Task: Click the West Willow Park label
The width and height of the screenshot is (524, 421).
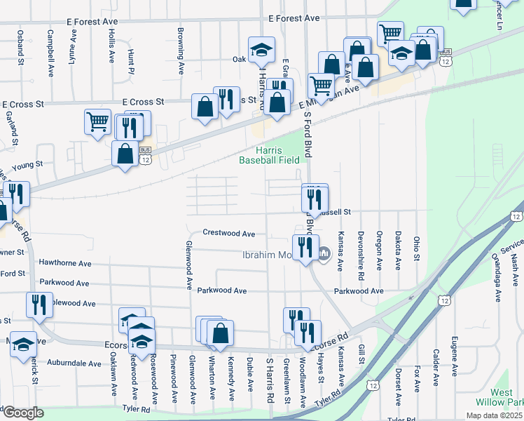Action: tap(506, 398)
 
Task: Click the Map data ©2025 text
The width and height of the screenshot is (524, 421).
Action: tap(493, 415)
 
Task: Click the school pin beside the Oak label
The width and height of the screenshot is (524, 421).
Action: tap(263, 51)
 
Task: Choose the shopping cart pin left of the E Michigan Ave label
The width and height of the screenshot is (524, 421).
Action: tap(321, 86)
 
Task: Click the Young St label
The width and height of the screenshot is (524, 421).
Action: tap(31, 164)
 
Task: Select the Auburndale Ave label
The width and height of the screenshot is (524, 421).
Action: tap(74, 363)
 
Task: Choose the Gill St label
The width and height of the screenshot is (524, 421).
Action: tap(362, 354)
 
